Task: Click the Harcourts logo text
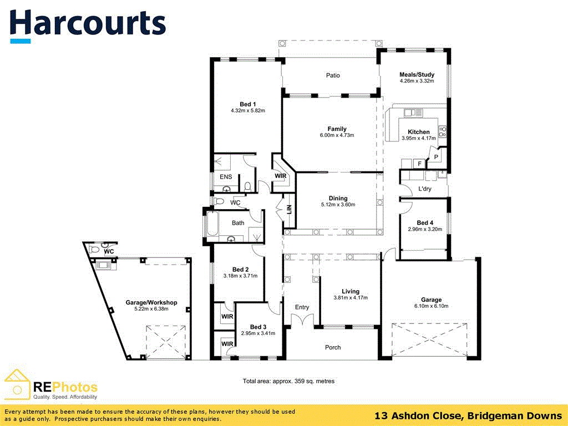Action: (x=88, y=23)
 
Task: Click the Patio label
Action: (x=333, y=75)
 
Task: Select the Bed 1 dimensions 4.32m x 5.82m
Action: (x=248, y=111)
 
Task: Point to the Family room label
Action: (x=337, y=129)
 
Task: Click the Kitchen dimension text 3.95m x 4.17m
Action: (x=418, y=138)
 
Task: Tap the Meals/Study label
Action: (x=417, y=74)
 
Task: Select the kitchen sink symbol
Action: (x=413, y=113)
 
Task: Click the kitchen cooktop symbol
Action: (x=443, y=131)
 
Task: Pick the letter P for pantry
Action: (x=436, y=158)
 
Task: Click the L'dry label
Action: (x=425, y=189)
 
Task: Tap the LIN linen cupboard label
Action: (x=289, y=210)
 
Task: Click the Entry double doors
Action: (x=302, y=320)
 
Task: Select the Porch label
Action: (x=333, y=348)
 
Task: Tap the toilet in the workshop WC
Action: (x=95, y=250)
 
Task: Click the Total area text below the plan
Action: (x=288, y=381)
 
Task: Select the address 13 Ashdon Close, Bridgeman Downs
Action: (x=468, y=415)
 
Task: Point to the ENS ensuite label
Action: (x=226, y=177)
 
